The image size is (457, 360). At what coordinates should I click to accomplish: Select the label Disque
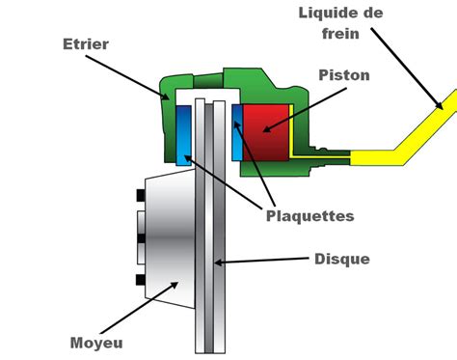pos(341,259)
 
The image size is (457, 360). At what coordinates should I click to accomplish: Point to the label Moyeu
pos(95,343)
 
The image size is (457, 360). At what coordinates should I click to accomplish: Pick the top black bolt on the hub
pos(141,196)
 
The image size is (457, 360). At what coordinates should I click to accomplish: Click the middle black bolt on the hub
pos(141,237)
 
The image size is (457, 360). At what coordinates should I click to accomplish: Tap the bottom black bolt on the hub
pos(141,280)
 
